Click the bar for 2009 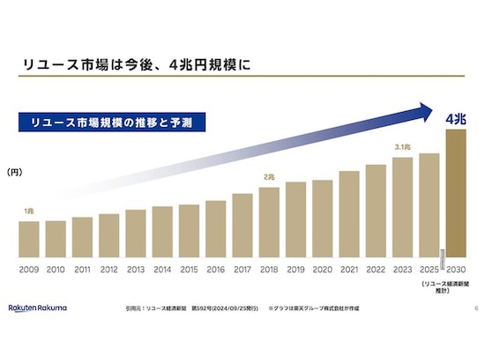(29, 238)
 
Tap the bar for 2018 (269, 221)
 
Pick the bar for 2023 (402, 206)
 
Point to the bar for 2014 (162, 231)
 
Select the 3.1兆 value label (401, 148)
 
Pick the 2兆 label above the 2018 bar (269, 177)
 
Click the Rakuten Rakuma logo (38, 308)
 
